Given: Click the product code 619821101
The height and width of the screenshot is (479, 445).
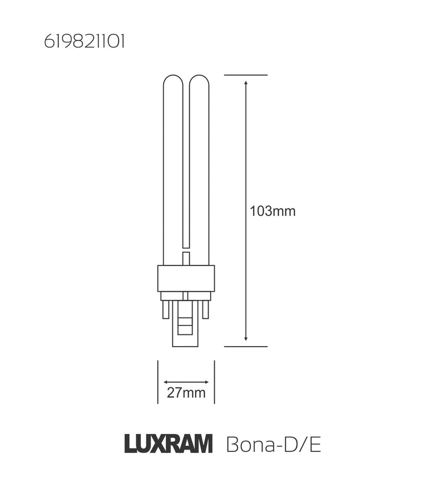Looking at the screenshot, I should pos(84,43).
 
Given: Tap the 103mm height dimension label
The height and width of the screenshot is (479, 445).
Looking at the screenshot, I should pos(273,211).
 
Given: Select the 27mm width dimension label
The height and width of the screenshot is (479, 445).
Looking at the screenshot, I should pos(186,394).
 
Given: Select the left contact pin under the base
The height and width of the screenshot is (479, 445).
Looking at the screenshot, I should pos(166,309).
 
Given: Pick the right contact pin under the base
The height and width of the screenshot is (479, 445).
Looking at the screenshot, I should pos(205,309).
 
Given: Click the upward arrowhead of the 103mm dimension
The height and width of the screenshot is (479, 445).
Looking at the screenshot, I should pos(246,83).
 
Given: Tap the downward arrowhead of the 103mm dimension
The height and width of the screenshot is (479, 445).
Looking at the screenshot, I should pos(246,338).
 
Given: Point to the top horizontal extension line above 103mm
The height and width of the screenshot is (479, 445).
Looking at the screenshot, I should pos(246,75).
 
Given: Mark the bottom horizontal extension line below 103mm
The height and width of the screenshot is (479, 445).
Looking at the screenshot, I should pos(246,346).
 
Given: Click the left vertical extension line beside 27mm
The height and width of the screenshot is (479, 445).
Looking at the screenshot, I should pos(158,382).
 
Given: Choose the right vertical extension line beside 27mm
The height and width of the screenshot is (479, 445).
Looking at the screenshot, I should pos(215,382).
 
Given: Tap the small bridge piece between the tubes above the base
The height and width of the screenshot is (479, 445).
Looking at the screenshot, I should pos(186,258).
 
